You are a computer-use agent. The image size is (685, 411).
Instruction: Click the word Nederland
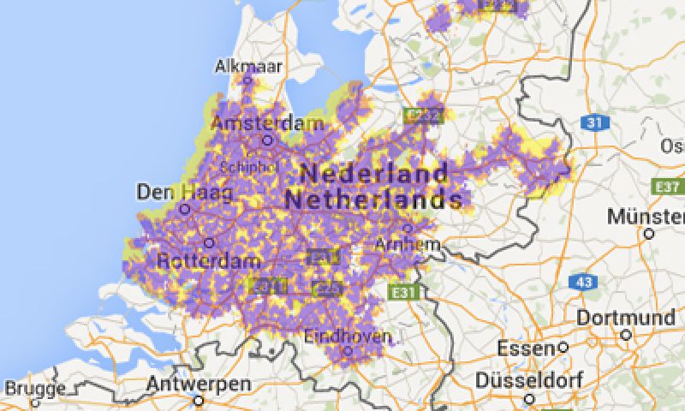(374, 173)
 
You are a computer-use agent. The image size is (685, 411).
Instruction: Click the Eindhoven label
(348, 336)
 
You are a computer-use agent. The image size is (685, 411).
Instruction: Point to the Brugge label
(34, 390)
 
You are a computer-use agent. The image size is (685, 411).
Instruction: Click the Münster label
(646, 215)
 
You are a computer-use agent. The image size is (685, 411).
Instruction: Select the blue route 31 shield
(593, 123)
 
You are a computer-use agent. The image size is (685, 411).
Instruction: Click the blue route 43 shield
(584, 281)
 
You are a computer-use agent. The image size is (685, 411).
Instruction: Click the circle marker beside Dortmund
(626, 335)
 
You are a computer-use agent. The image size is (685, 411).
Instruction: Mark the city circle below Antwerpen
(199, 399)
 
